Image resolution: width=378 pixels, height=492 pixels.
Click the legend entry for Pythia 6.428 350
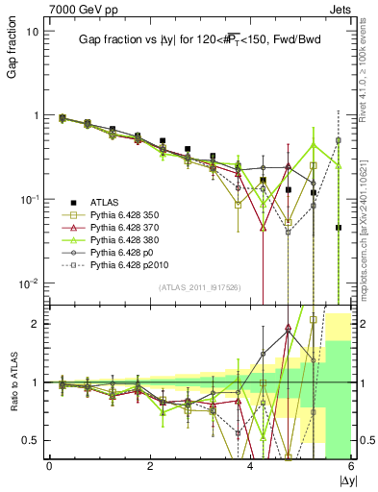coord(118,213)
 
